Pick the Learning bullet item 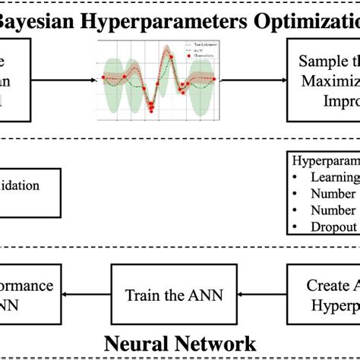(334, 177)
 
